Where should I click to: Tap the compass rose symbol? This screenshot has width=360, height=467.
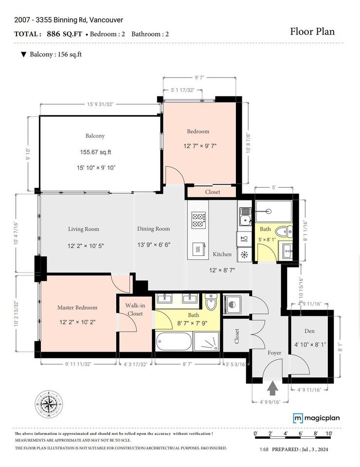[49, 404]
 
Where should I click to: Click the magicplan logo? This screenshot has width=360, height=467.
[316, 418]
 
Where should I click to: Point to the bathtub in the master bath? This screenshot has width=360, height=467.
[174, 341]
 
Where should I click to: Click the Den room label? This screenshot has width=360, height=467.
[309, 331]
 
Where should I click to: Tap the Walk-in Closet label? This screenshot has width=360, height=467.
[135, 309]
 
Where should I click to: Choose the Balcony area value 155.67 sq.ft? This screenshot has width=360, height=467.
[95, 152]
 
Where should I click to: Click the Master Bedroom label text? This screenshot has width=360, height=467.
[77, 307]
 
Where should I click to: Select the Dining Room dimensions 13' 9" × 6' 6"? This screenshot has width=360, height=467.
[154, 245]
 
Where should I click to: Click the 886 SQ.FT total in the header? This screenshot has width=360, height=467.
[64, 34]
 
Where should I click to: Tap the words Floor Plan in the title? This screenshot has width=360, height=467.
[312, 31]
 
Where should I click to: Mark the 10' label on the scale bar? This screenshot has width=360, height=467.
[328, 433]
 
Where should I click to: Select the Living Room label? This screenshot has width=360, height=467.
[84, 229]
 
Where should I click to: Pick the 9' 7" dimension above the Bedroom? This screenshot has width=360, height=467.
[199, 78]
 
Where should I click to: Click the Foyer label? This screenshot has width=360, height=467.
[274, 353]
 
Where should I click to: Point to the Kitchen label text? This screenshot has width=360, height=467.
[222, 254]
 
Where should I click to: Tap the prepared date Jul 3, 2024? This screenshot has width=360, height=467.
[315, 449]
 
